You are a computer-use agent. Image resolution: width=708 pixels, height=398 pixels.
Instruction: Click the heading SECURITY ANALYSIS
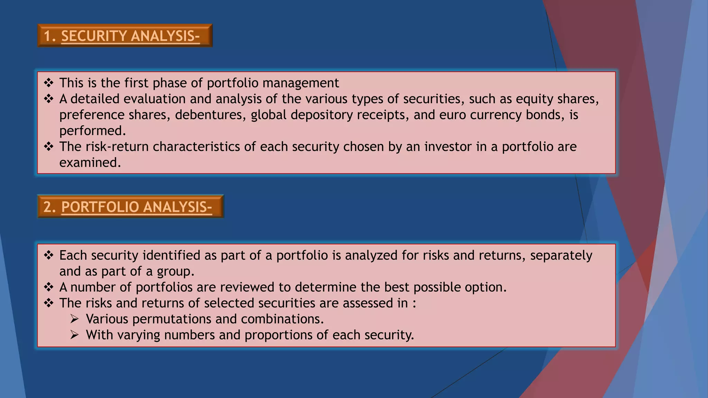(130, 36)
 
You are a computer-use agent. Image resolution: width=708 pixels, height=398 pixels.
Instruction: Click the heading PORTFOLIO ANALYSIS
(136, 207)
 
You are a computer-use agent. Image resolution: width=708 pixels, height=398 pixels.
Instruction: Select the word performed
(92, 131)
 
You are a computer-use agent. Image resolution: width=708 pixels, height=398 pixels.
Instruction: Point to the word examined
(90, 162)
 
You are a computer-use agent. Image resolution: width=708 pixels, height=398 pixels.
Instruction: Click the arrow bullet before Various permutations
(75, 319)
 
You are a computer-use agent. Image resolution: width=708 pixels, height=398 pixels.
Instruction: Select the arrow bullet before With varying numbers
(75, 335)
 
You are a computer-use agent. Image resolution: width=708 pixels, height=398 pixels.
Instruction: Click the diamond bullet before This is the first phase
(49, 83)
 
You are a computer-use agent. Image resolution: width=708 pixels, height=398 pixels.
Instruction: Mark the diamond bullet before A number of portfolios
(49, 287)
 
